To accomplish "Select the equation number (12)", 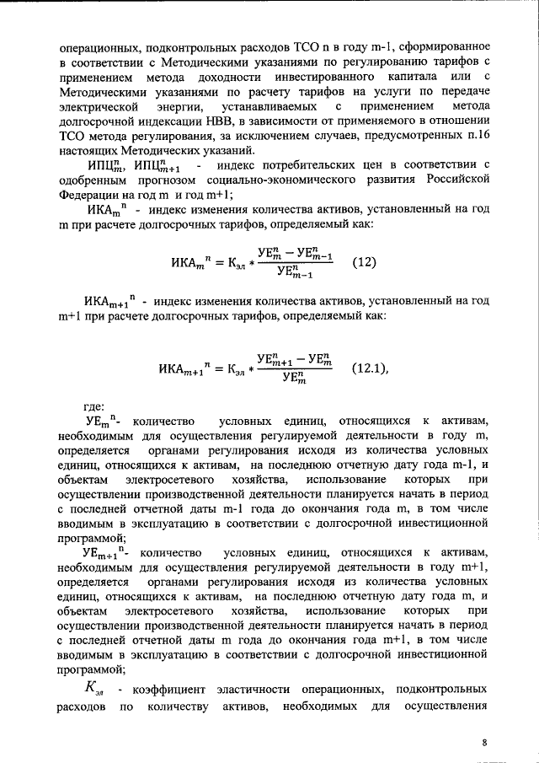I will pos(364,261).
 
